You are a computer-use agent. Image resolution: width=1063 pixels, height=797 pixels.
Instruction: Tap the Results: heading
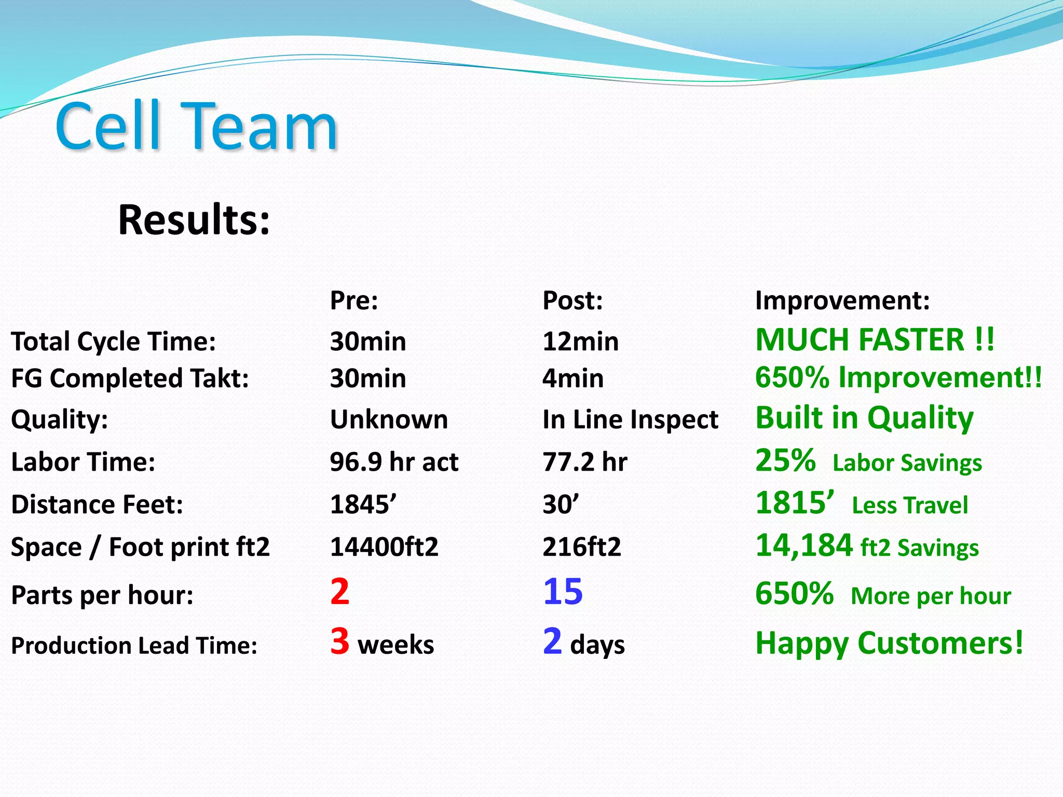[x=194, y=220]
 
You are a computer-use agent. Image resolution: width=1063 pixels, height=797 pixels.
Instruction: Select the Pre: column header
[x=354, y=300]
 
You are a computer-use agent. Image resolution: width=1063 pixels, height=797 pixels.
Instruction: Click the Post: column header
[x=573, y=300]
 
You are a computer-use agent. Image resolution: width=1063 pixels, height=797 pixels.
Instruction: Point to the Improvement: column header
[x=842, y=300]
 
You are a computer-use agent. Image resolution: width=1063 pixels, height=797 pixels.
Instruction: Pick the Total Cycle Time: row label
[x=113, y=342]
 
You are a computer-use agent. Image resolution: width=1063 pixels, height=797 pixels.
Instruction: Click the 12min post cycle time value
[x=580, y=342]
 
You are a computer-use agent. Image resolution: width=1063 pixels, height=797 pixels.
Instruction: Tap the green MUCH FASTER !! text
[x=875, y=340]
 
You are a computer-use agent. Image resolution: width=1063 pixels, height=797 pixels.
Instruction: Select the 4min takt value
[x=573, y=378]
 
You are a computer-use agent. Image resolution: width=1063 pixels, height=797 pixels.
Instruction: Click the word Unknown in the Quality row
[x=389, y=419]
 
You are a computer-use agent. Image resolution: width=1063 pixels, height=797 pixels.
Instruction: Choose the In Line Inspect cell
[x=630, y=419]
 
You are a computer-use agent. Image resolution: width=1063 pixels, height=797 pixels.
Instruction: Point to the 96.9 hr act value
[x=394, y=462]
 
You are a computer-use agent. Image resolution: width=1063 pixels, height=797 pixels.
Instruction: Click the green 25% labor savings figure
[x=785, y=460]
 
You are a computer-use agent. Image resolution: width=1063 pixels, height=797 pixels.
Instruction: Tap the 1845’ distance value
[x=363, y=504]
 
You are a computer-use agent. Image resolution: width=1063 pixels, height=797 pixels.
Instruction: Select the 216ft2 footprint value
[x=581, y=547]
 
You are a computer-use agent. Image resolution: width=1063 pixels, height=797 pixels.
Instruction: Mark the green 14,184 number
[x=803, y=545]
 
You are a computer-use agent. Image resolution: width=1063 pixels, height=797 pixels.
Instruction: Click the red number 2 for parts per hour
[x=340, y=592]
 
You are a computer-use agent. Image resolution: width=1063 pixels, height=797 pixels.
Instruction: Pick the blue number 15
[x=563, y=592]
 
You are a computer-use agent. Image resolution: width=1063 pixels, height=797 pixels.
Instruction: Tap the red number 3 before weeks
[x=340, y=641]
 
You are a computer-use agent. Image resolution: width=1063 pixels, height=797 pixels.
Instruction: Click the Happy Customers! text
[x=889, y=643]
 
